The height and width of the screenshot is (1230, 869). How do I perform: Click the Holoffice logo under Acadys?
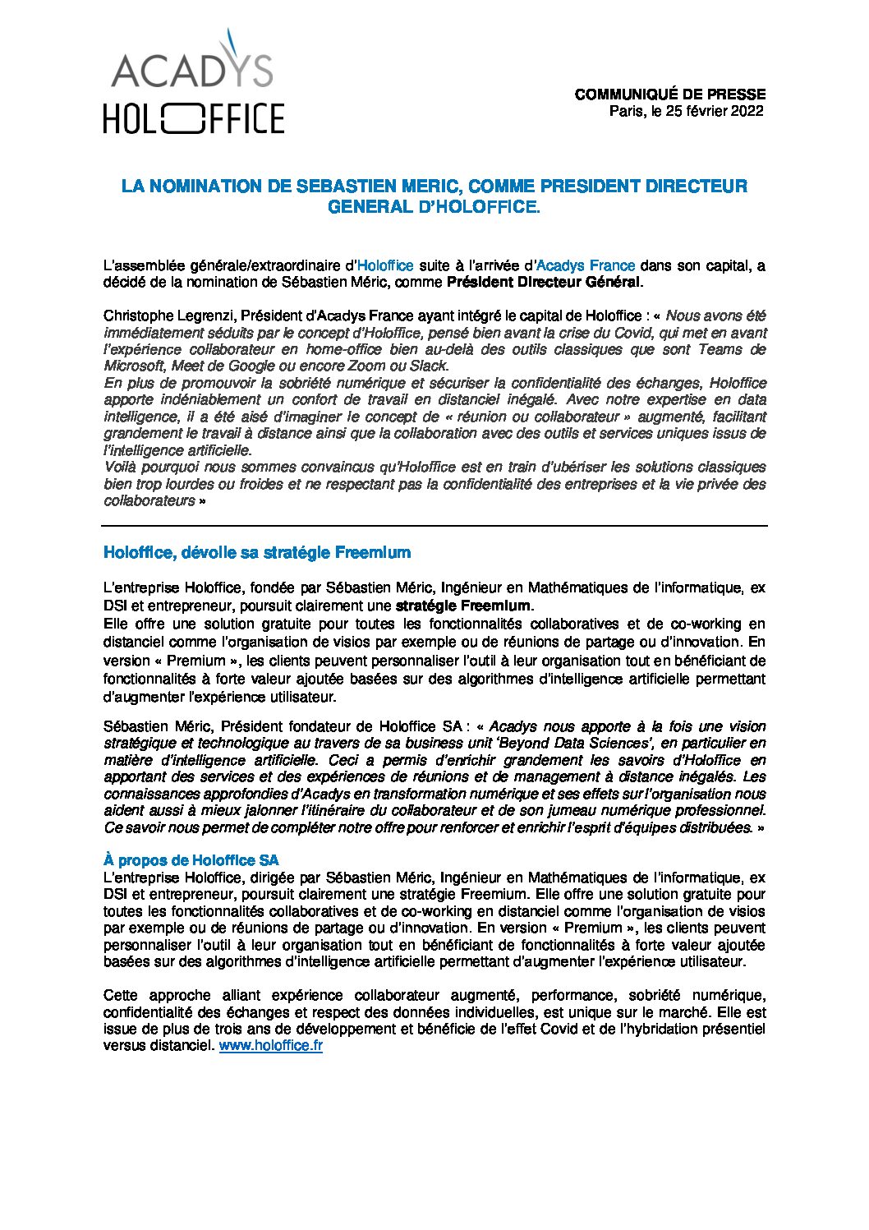point(194,118)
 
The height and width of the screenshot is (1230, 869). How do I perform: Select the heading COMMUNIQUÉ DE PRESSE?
point(669,94)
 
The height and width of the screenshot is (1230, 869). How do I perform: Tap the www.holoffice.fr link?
point(270,1046)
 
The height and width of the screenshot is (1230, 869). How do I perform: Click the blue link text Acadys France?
point(585,265)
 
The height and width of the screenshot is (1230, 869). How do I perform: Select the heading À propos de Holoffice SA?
point(191,860)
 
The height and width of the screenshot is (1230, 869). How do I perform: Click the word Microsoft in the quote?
point(134,366)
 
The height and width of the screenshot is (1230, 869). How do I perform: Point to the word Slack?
point(429,366)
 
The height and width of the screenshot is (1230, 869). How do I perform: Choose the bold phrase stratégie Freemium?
point(463,606)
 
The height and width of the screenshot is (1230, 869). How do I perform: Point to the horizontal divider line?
point(434,525)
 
